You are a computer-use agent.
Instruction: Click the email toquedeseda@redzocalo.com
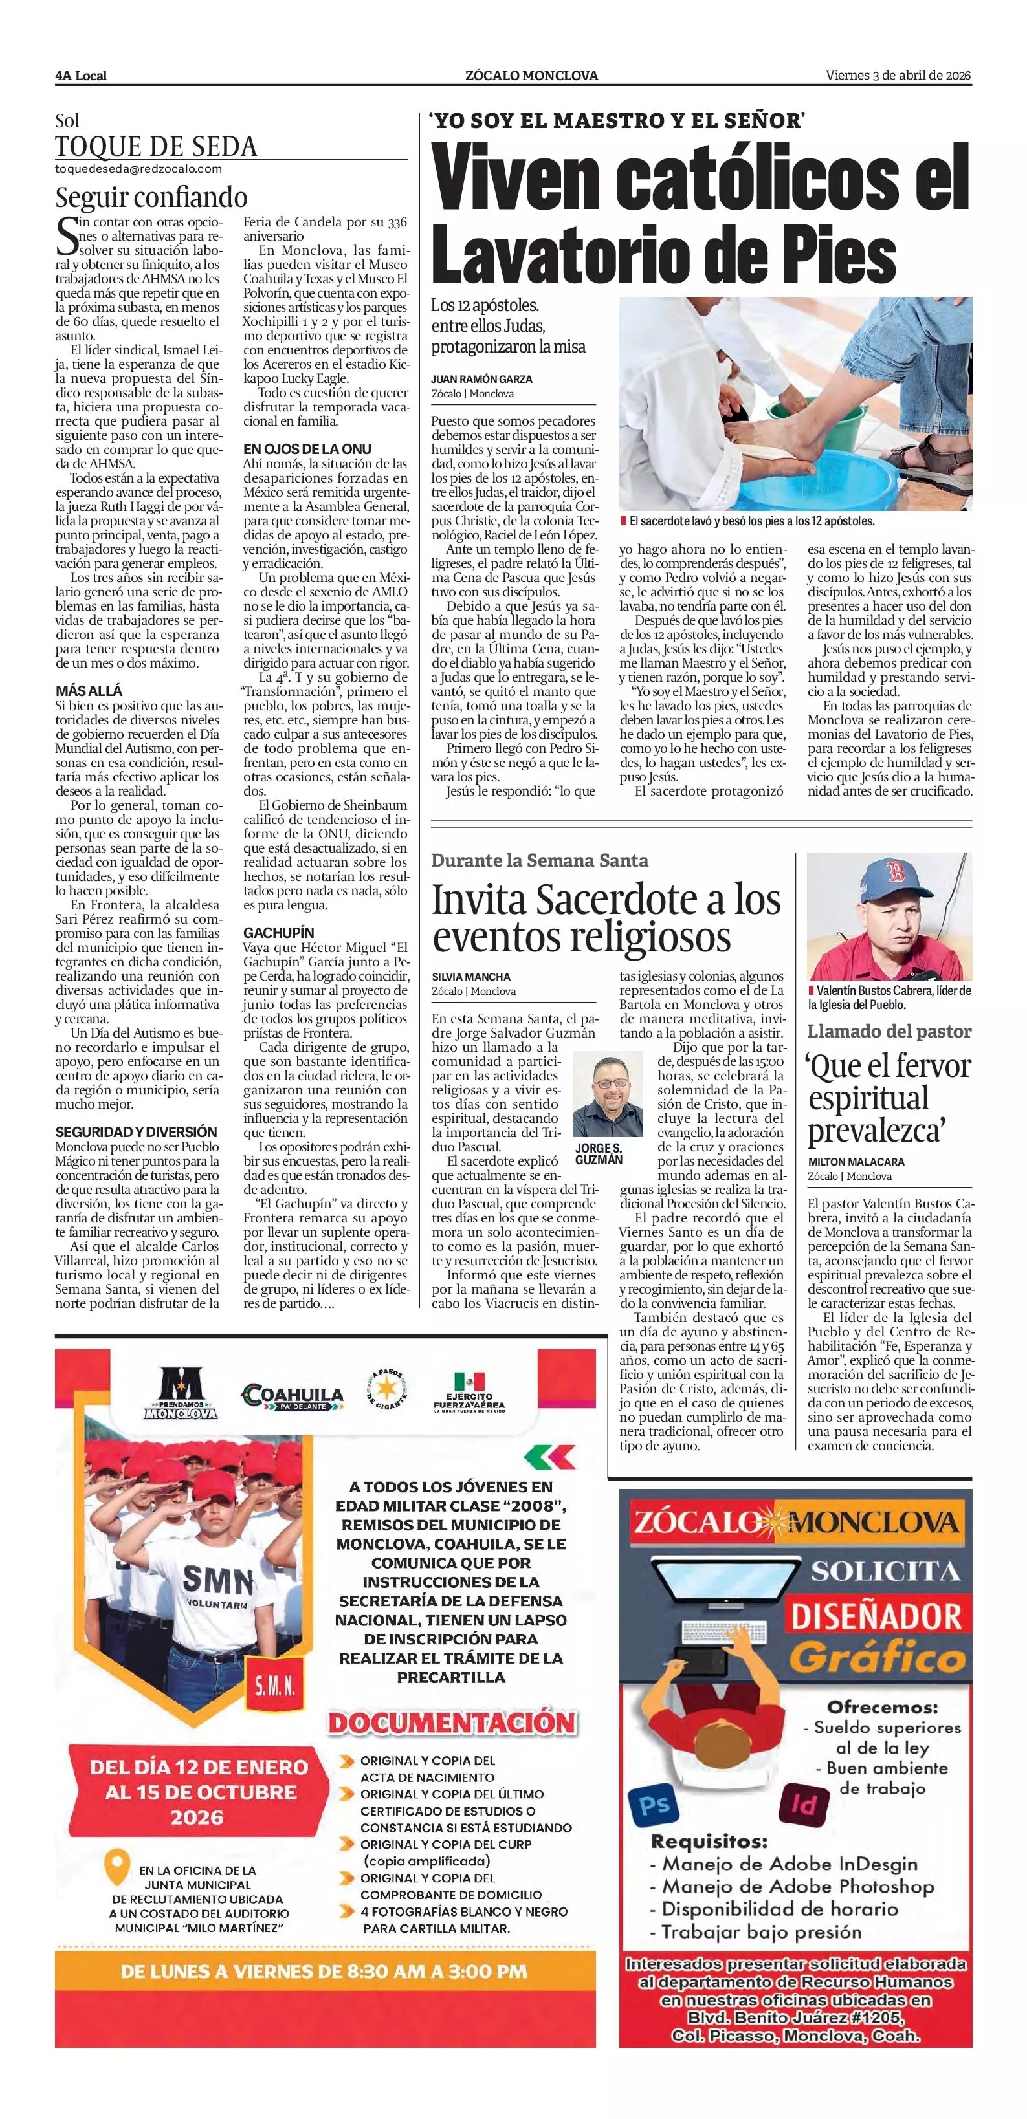(138, 169)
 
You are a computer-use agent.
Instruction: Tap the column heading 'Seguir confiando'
(151, 197)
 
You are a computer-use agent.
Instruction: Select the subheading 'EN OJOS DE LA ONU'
(307, 448)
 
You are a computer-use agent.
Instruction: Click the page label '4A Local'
(81, 76)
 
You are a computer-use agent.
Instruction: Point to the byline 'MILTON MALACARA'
(856, 1162)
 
